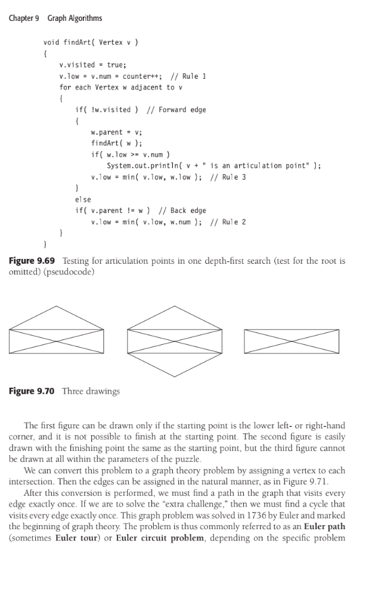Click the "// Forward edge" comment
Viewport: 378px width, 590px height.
click(x=176, y=110)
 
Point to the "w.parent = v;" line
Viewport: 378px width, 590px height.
click(x=116, y=132)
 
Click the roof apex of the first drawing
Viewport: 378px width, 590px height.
click(x=58, y=307)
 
